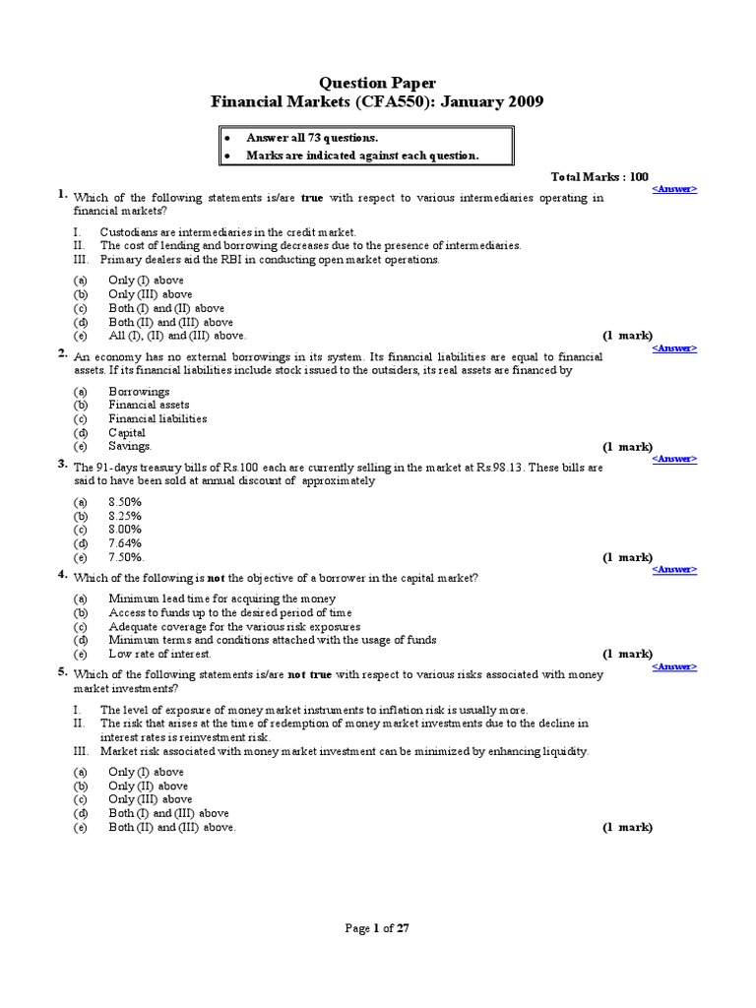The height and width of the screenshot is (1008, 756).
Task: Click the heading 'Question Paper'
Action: point(377,83)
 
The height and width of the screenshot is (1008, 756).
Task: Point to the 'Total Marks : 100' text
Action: point(599,176)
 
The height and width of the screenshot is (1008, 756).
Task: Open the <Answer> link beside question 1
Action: point(674,188)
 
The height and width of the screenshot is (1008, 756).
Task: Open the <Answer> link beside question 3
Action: point(674,458)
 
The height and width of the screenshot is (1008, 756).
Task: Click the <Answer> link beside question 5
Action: point(674,666)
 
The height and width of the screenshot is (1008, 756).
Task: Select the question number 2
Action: point(62,352)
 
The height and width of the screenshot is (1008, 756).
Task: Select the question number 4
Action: point(62,573)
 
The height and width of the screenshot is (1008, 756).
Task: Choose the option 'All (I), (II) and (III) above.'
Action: point(176,336)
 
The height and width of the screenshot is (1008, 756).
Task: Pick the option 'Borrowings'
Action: point(139,391)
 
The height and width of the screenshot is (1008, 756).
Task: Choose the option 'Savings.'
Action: point(130,446)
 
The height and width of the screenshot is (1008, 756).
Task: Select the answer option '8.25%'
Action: point(125,515)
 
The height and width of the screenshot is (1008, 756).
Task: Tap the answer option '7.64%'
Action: point(125,542)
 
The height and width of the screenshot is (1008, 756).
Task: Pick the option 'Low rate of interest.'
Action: point(159,654)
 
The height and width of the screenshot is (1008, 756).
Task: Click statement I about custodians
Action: point(220,231)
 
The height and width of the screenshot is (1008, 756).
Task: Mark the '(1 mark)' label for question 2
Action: point(627,446)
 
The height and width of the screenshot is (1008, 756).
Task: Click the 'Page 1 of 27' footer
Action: point(377,927)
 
